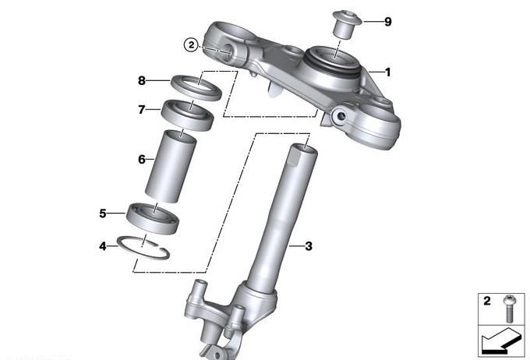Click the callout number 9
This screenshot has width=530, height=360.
(388, 22)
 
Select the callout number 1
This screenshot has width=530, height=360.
(387, 72)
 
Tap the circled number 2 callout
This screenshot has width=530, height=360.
(191, 44)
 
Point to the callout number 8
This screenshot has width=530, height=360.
(142, 80)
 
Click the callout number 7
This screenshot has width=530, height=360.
(142, 110)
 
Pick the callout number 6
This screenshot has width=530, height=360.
(142, 159)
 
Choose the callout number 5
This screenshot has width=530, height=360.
(103, 214)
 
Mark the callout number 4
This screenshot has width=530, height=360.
(102, 246)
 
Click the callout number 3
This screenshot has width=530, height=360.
(309, 246)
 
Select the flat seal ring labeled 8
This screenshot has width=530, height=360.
(196, 88)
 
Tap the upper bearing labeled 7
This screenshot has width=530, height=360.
(187, 115)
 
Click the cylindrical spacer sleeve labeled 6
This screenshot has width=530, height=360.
(171, 166)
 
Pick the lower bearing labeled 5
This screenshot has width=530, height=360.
(153, 218)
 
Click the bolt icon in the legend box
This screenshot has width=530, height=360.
(508, 309)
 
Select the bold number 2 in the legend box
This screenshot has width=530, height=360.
(486, 301)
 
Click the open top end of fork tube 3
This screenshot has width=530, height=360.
(305, 148)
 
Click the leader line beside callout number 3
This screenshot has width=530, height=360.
(296, 246)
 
